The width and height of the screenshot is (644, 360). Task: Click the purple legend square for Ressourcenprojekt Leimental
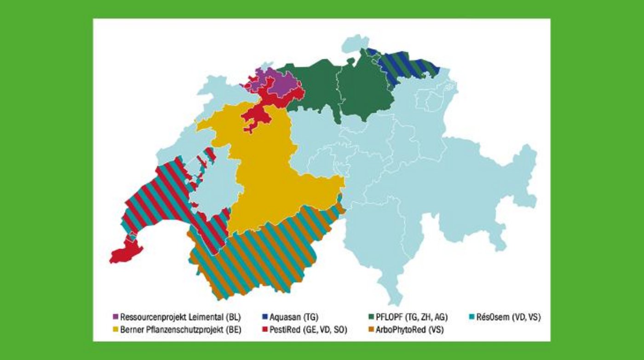[x=115, y=317]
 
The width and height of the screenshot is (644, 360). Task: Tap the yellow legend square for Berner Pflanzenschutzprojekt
[x=115, y=330]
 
